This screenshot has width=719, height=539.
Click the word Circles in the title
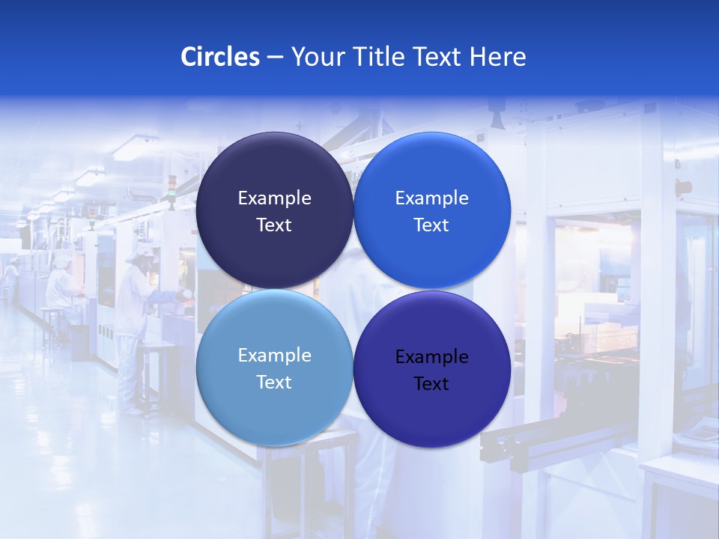pos(219,57)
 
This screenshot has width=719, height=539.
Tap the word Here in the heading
pos(497,57)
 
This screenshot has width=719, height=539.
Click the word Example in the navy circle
pos(274,198)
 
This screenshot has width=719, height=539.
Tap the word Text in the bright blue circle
pos(431,225)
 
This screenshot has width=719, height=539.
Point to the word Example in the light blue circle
pos(274,356)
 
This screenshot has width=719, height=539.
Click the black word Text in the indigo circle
pos(431,384)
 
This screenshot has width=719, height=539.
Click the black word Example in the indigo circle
pos(431,357)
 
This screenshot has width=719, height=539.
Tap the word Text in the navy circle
pos(274,225)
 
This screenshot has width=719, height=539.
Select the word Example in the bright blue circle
pos(431,198)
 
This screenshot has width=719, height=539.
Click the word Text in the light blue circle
pos(274,383)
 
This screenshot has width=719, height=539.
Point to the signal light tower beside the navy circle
pos(172,191)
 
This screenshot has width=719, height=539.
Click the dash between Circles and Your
pos(275,57)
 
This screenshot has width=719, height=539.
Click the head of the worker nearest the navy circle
pos(138,256)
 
